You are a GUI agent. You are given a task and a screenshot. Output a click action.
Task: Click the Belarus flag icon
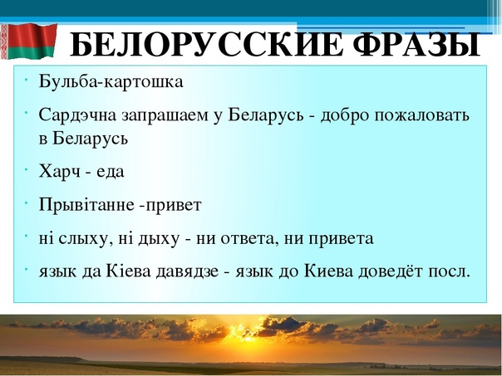coord(28,41)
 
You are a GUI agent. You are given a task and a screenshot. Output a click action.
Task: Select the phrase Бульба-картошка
coord(111,81)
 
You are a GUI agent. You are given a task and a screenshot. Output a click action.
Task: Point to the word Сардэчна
coord(77,115)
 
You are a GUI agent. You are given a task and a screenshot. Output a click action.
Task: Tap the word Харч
coord(59,172)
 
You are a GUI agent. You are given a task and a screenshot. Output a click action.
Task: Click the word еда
coord(111,172)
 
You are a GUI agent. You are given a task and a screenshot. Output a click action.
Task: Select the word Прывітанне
coord(86,205)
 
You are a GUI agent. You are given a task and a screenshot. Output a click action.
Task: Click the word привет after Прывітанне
coord(174,206)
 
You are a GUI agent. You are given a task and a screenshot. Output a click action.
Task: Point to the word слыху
coord(81,239)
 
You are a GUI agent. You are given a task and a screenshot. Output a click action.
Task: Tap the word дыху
coord(158,239)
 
